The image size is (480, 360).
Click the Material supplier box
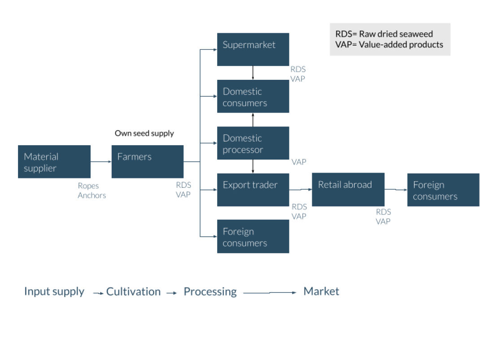54,162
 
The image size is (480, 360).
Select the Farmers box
147,162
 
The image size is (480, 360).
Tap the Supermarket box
253,49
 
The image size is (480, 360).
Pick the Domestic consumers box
253,96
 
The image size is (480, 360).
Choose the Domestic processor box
253,143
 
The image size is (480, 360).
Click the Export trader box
253,190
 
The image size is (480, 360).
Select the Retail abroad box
348,190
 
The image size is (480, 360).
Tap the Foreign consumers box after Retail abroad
443,190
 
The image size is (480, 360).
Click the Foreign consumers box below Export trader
253,236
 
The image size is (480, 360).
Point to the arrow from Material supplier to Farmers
101,161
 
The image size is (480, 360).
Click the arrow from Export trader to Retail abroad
301,190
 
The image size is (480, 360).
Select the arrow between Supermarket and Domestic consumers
253,73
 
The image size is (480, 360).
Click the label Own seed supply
144,133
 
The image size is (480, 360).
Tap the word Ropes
88,186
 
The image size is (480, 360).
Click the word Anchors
92,195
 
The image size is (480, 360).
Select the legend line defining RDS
384,34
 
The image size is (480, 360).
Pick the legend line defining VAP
389,44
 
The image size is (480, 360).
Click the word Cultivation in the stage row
133,291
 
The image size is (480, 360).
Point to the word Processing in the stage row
210,291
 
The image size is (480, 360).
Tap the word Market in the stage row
321,291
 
